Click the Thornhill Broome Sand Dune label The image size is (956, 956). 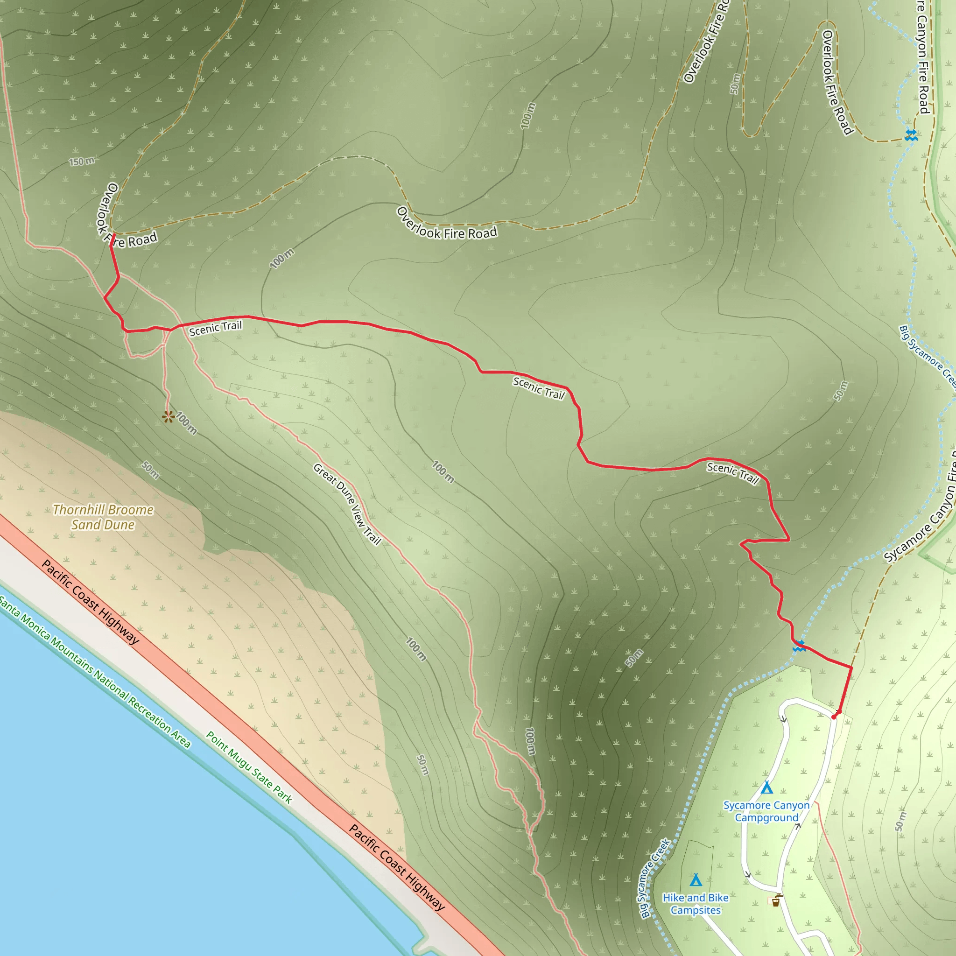(103, 517)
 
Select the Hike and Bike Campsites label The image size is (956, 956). (695, 904)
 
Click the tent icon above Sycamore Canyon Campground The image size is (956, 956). (766, 787)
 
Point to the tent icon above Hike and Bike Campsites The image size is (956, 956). (696, 880)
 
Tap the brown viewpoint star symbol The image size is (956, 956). (168, 417)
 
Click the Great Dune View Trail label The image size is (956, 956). (347, 504)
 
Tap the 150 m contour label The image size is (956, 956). (82, 162)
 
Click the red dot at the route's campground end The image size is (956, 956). (834, 717)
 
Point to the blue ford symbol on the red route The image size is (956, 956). (799, 646)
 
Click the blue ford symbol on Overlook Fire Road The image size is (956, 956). (910, 134)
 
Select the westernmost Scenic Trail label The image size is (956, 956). (215, 328)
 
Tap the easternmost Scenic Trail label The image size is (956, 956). (733, 473)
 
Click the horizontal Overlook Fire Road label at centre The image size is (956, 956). (446, 225)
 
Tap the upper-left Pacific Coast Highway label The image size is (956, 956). (91, 602)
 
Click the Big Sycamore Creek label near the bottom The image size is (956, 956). (654, 878)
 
